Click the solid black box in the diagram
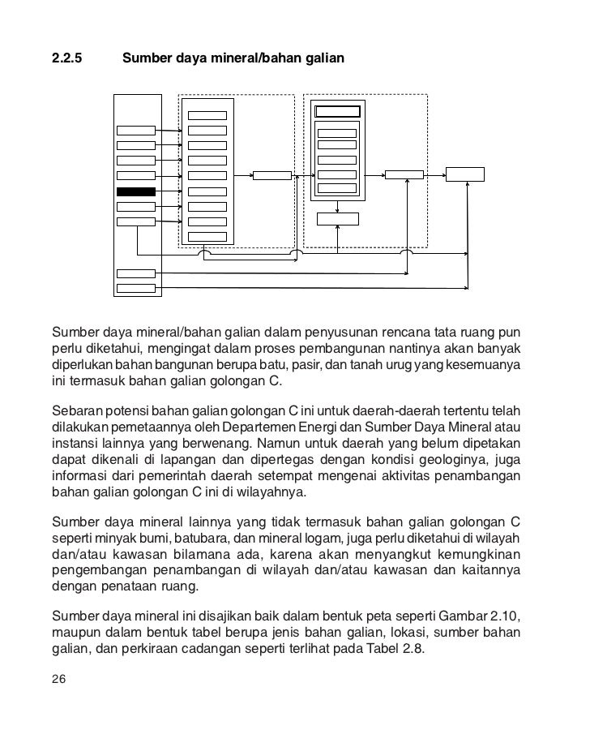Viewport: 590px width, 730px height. tap(135, 192)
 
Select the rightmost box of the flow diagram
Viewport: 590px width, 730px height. tap(465, 174)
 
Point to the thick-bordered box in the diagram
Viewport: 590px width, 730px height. tap(338, 112)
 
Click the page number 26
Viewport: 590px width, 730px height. tap(58, 679)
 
